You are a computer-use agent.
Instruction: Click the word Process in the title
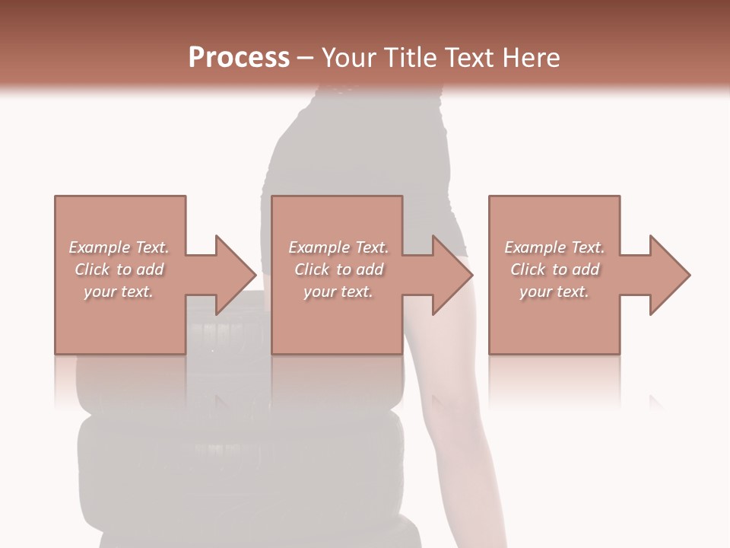pyautogui.click(x=239, y=57)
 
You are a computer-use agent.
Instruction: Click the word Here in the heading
pyautogui.click(x=529, y=57)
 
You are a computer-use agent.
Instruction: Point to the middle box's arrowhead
pyautogui.click(x=452, y=275)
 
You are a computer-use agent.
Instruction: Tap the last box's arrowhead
pyautogui.click(x=669, y=275)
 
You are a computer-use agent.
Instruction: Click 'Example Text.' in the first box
pyautogui.click(x=119, y=247)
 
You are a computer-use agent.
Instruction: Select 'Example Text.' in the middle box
pyautogui.click(x=338, y=247)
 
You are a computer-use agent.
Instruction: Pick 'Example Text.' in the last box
pyautogui.click(x=554, y=247)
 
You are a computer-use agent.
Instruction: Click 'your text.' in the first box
pyautogui.click(x=119, y=292)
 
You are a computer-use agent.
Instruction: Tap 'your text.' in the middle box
pyautogui.click(x=338, y=292)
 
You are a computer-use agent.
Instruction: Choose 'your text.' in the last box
pyautogui.click(x=554, y=292)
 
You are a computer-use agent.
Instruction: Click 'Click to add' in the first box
pyautogui.click(x=119, y=269)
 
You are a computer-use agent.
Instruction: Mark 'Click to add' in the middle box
pyautogui.click(x=338, y=269)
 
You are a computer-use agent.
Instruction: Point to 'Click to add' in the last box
pyautogui.click(x=554, y=269)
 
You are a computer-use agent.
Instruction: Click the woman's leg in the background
pyautogui.click(x=456, y=426)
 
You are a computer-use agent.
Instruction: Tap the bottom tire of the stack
pyautogui.click(x=251, y=525)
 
